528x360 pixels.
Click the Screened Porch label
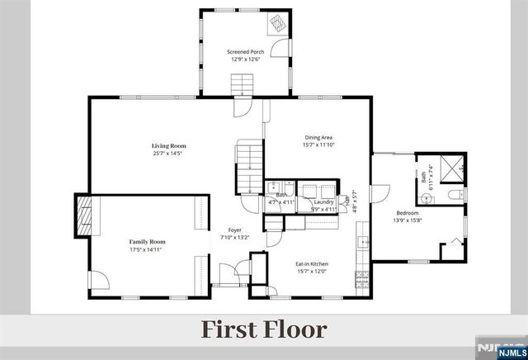tap(245, 51)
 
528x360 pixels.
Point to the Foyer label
tap(234, 230)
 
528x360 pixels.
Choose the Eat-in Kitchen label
tap(312, 264)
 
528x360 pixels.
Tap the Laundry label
tap(323, 201)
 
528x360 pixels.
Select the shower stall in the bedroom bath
tap(450, 168)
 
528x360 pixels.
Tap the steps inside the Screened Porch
tap(243, 84)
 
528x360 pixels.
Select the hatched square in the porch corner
tap(276, 23)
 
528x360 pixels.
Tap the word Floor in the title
tap(295, 329)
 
